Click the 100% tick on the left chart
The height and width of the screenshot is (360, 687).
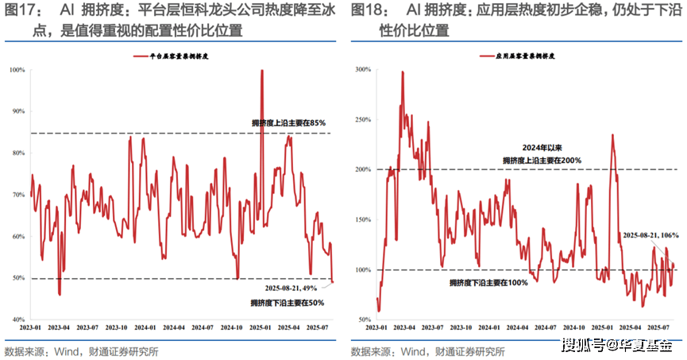pyautogui.click(x=17, y=70)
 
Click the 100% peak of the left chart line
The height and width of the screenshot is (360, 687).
pyautogui.click(x=261, y=71)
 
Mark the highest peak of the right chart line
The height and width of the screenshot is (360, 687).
pyautogui.click(x=402, y=72)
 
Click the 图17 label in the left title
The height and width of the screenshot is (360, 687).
pyautogui.click(x=22, y=10)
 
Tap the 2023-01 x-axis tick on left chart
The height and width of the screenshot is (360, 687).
pyautogui.click(x=33, y=327)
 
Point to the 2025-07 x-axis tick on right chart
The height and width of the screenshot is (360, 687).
pyautogui.click(x=656, y=327)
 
